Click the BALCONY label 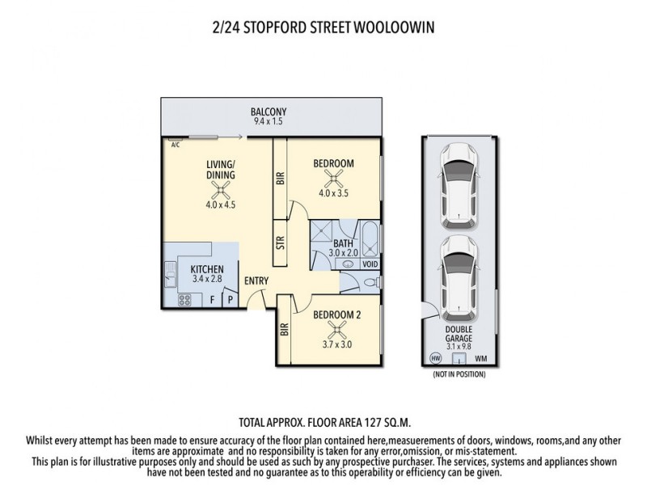[x=268, y=112]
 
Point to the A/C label [x=174, y=145]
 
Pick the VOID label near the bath [x=370, y=264]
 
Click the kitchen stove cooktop [x=184, y=299]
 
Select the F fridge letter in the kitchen [x=214, y=299]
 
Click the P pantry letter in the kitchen [x=229, y=299]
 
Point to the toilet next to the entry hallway [x=369, y=283]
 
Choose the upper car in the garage [x=459, y=185]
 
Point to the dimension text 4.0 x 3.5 [x=333, y=193]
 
